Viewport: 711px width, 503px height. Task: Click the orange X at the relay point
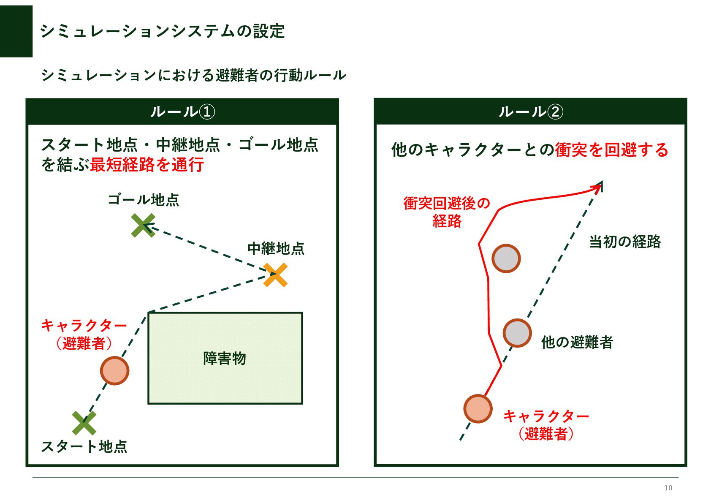(x=275, y=275)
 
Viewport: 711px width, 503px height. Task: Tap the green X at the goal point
(x=143, y=225)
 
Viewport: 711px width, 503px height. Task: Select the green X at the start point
(x=84, y=423)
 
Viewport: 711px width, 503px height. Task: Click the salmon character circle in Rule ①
(x=114, y=370)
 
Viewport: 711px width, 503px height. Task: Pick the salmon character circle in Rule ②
(x=478, y=408)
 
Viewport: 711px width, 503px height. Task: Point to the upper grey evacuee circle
(x=506, y=258)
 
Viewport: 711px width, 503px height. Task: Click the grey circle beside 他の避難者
(x=517, y=333)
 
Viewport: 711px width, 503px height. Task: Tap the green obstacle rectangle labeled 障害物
(x=225, y=358)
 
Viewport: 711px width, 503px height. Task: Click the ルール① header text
(x=182, y=112)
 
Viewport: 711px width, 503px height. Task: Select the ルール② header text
(x=530, y=112)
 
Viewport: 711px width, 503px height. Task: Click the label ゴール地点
(x=143, y=200)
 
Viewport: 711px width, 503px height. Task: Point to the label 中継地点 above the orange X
(x=276, y=248)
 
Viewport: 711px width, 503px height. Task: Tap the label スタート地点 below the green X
(x=84, y=446)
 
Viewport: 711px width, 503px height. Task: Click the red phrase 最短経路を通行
(x=147, y=165)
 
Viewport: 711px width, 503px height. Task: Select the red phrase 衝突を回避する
(x=611, y=150)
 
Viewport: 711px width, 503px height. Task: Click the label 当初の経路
(x=624, y=242)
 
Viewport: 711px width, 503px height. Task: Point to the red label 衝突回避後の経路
(x=447, y=212)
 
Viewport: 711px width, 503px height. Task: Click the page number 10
(x=668, y=488)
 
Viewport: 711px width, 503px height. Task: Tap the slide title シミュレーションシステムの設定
(x=163, y=31)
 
